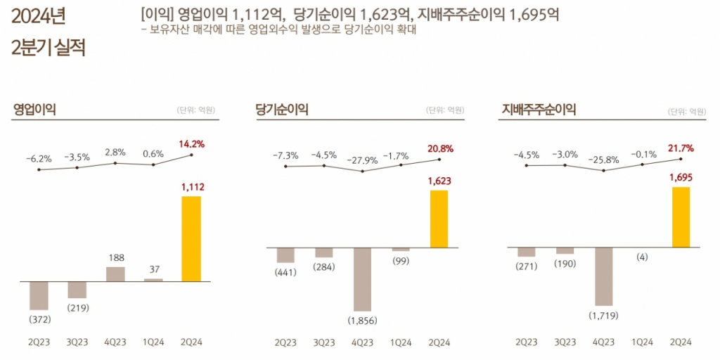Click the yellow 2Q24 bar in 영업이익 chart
pos(191,238)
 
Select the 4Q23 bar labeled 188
pos(115,274)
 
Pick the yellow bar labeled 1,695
pos(681,217)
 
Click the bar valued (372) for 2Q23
pos(39,295)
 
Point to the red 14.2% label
pos(191,144)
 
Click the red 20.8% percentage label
pos(439,148)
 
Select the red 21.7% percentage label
pos(681,148)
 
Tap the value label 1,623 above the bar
pos(439,181)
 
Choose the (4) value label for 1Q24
pos(642,257)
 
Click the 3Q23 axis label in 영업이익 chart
pos(77,342)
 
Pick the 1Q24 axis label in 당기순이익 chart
pos(401,342)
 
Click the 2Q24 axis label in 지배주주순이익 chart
pos(681,342)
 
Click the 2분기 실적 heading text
pos(48,49)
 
